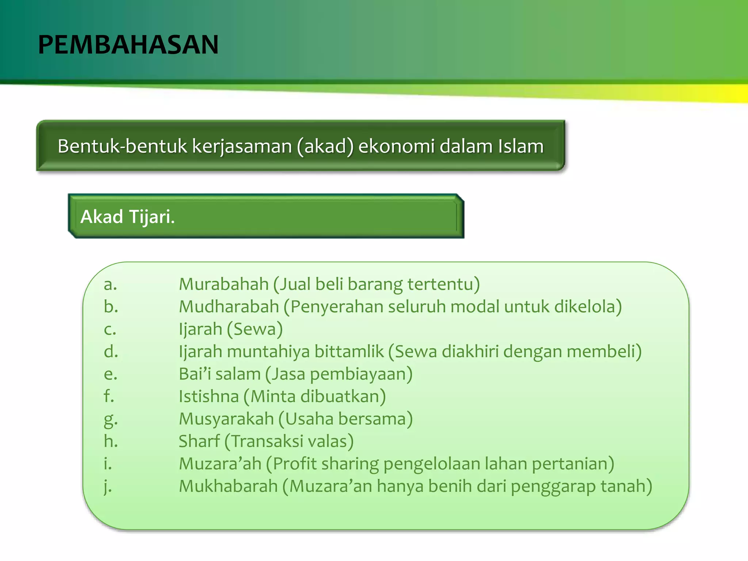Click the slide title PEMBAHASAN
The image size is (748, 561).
click(128, 45)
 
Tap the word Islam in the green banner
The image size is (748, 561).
click(520, 146)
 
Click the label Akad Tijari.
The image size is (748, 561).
click(127, 217)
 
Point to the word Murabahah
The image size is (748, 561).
click(224, 284)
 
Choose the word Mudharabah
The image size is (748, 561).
click(229, 306)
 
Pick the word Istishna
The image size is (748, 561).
click(209, 396)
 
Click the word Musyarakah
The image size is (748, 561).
click(226, 419)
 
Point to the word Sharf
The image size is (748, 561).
click(199, 441)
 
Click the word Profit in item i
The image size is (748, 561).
click(294, 464)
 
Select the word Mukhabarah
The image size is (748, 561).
click(228, 486)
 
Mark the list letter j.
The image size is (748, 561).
click(107, 486)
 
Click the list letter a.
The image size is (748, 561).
click(110, 284)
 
